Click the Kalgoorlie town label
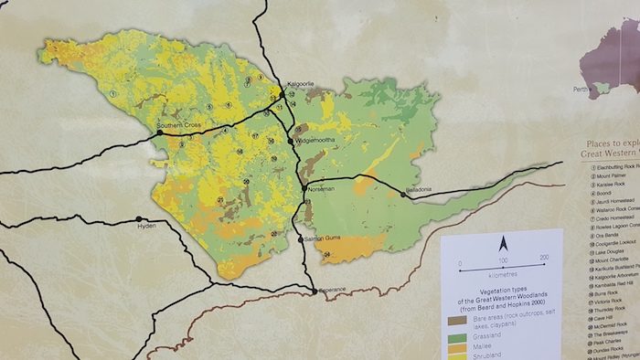click(301, 84)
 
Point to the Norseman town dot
click(304, 187)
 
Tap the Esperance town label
click(333, 290)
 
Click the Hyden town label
click(148, 225)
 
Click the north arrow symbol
click(502, 244)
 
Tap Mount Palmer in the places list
click(605, 178)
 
